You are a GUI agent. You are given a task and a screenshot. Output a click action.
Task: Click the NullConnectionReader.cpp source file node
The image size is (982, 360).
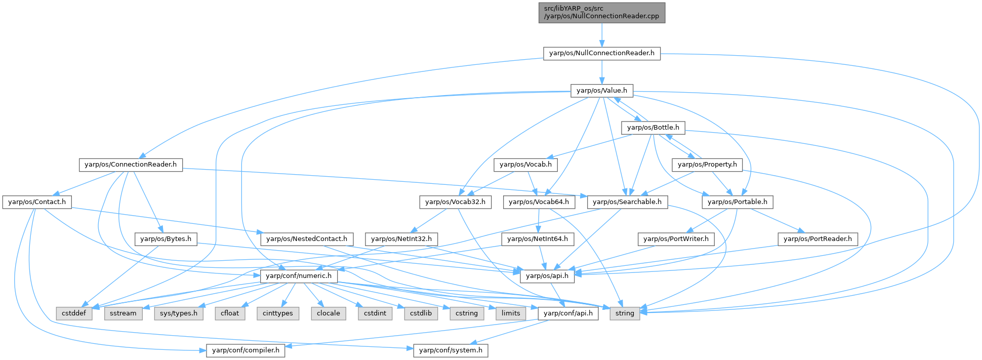[x=601, y=12]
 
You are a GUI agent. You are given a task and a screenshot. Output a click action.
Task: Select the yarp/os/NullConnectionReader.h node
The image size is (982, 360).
[x=601, y=53]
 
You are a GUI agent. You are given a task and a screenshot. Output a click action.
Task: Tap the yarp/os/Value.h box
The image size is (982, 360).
[x=601, y=91]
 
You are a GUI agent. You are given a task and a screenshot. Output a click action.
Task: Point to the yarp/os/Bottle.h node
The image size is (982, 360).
[x=653, y=128]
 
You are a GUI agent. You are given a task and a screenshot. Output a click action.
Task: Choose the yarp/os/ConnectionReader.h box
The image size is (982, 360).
[x=131, y=165]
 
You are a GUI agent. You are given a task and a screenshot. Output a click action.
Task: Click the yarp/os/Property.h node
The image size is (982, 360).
[x=707, y=165]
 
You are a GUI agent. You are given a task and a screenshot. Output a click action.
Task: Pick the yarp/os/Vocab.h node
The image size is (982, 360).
[x=525, y=165]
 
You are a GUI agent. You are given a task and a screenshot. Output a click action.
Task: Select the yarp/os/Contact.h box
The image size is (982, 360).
[x=37, y=202]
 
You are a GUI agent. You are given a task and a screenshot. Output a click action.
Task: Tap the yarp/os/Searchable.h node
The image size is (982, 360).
[x=627, y=202]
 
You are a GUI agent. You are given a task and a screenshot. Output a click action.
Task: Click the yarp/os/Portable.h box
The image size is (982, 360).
[x=737, y=202]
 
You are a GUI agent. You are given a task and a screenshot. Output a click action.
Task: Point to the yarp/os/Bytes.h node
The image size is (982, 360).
[x=166, y=239]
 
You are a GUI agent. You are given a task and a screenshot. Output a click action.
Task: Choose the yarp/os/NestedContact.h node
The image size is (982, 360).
[x=306, y=239]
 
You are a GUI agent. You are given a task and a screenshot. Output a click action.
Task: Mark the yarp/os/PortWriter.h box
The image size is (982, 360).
[x=675, y=239]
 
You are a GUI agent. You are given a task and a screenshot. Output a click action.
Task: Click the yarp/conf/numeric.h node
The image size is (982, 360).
[x=299, y=276]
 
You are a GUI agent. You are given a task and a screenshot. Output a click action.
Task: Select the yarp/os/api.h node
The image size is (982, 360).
[x=547, y=276]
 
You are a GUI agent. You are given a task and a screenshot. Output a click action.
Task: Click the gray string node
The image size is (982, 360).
[x=625, y=313]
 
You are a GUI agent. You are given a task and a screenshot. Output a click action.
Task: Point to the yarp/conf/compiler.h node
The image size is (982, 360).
[x=245, y=350]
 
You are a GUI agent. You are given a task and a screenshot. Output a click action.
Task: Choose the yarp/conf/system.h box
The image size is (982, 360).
[x=451, y=350]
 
